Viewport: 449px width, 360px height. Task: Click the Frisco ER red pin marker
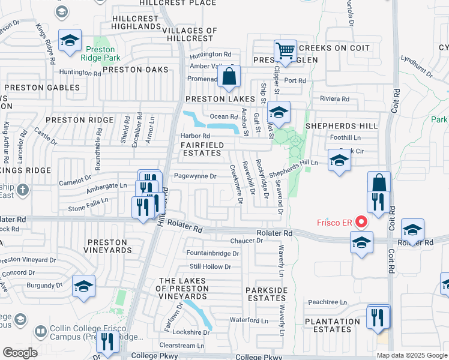(x=361, y=222)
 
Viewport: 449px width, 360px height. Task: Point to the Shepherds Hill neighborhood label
(x=342, y=126)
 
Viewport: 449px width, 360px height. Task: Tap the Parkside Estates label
(x=267, y=294)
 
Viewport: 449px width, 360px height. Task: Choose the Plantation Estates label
(x=332, y=325)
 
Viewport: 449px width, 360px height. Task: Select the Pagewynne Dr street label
(x=194, y=176)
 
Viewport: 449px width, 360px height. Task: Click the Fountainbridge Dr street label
(x=212, y=253)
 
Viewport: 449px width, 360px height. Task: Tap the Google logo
(x=20, y=353)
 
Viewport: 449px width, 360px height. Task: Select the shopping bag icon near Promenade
(x=229, y=76)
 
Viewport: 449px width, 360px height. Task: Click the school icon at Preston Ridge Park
(x=70, y=40)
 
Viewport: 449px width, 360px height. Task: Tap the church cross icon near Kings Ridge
(x=23, y=190)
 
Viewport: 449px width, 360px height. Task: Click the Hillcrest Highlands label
(x=136, y=23)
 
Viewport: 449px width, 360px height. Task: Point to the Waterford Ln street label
(x=244, y=320)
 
